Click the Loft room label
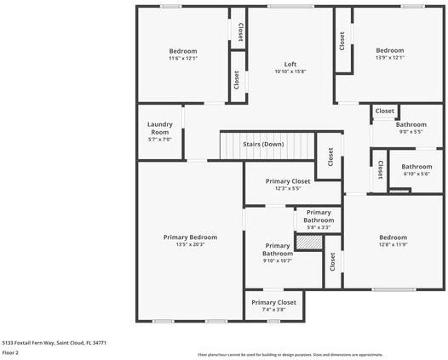coord(290,65)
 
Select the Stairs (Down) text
coord(263,144)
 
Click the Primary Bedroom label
coord(190,237)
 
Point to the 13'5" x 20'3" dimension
coord(190,245)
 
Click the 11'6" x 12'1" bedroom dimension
coord(182,59)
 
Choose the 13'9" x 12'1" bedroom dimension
coord(389,58)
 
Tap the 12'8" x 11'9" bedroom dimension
coord(393,245)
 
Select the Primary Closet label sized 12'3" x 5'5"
coord(288,181)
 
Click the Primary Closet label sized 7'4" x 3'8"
coord(273,302)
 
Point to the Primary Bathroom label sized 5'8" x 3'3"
coord(318,216)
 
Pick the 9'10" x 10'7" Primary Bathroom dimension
coord(277,261)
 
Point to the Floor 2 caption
coord(10,352)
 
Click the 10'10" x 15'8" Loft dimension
coord(290,72)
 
